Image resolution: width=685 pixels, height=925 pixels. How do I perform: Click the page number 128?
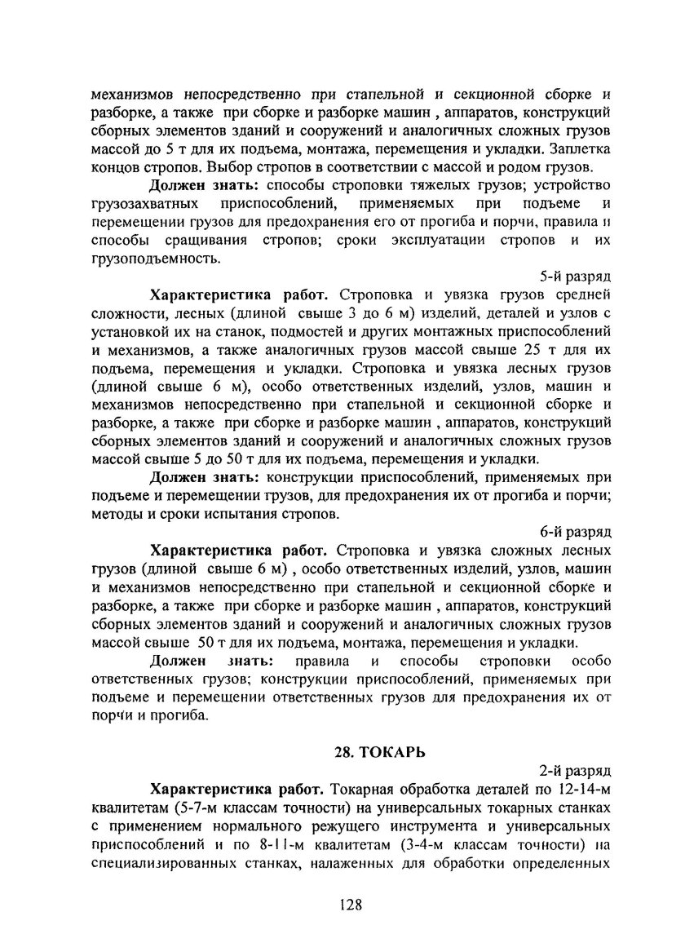pyautogui.click(x=350, y=905)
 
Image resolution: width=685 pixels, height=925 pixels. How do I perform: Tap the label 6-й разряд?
pyautogui.click(x=582, y=532)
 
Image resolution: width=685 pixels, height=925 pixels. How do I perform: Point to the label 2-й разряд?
pyautogui.click(x=582, y=770)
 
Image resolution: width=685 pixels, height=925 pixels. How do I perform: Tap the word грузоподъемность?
pyautogui.click(x=154, y=259)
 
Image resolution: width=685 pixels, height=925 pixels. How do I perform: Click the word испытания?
pyautogui.click(x=236, y=515)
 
